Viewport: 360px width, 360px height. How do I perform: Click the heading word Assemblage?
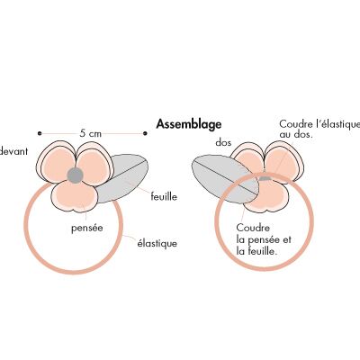189,124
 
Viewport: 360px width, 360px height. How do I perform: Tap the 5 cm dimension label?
91,133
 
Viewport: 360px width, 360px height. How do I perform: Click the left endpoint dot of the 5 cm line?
40,133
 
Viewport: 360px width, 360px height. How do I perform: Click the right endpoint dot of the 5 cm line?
145,133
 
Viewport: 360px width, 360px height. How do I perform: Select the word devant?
13,151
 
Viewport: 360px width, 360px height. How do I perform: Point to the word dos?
223,142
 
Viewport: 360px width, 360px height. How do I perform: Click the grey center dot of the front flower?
75,175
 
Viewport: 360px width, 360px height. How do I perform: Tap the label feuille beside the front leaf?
164,196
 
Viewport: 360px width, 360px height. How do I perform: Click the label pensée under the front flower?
87,228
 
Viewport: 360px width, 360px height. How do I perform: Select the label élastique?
157,243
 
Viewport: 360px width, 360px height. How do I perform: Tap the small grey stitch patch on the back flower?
265,178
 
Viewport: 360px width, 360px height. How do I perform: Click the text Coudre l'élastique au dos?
319,129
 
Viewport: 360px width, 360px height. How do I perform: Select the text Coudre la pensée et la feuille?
264,239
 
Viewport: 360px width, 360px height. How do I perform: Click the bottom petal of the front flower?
75,196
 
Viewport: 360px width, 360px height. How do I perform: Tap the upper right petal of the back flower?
283,161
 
